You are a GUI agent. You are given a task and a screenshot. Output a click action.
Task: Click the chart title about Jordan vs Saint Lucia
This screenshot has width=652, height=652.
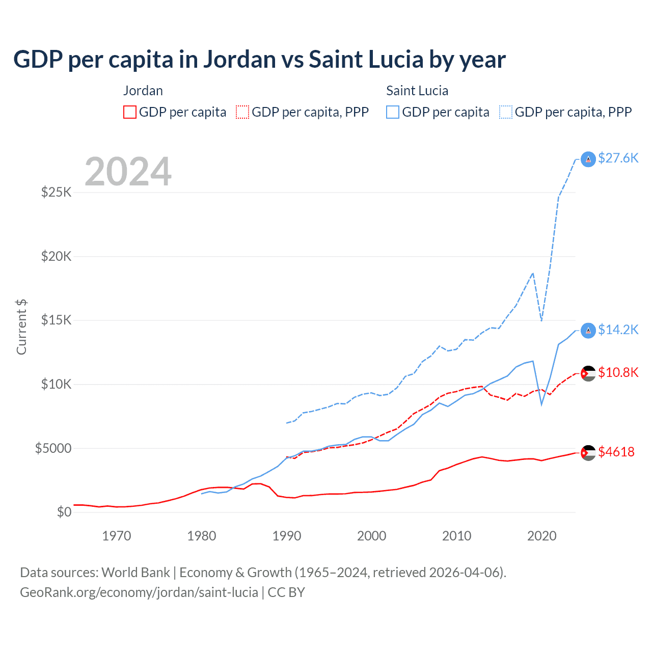(259, 60)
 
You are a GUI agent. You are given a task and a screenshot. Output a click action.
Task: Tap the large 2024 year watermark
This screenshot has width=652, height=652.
(128, 172)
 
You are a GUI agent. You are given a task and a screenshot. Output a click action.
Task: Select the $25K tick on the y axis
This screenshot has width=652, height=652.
(57, 193)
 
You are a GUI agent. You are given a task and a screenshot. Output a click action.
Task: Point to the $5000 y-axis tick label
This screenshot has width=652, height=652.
(53, 448)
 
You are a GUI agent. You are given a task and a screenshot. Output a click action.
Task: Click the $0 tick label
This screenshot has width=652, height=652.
(64, 512)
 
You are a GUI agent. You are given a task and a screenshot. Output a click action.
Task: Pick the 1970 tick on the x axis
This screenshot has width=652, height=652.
(117, 536)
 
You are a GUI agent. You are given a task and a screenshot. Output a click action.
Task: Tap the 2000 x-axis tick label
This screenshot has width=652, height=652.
(372, 536)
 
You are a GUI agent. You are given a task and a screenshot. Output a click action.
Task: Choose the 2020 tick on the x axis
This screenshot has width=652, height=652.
(541, 536)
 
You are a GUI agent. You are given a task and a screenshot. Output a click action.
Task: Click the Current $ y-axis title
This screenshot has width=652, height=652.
(21, 327)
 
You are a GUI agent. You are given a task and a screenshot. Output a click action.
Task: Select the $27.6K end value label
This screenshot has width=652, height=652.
(618, 158)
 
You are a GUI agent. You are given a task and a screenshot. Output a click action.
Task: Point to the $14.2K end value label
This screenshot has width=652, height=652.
(618, 330)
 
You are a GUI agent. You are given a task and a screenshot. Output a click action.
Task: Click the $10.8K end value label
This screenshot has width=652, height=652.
(618, 373)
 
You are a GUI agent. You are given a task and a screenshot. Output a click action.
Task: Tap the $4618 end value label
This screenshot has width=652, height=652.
(616, 452)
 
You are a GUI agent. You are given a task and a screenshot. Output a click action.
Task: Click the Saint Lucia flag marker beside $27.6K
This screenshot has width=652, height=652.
(588, 159)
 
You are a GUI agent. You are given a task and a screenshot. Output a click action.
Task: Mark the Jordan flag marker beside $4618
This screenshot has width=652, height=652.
(588, 452)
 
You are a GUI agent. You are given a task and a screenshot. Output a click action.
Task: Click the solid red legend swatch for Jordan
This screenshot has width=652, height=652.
(130, 112)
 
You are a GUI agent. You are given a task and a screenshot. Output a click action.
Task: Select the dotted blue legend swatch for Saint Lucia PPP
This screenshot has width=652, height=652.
(506, 112)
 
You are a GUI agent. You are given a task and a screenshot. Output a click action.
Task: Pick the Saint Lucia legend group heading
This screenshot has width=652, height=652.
(417, 91)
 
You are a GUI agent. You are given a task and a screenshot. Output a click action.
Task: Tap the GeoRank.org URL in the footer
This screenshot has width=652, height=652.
(139, 592)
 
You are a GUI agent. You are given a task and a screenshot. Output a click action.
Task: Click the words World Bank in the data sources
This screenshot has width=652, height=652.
(135, 573)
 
